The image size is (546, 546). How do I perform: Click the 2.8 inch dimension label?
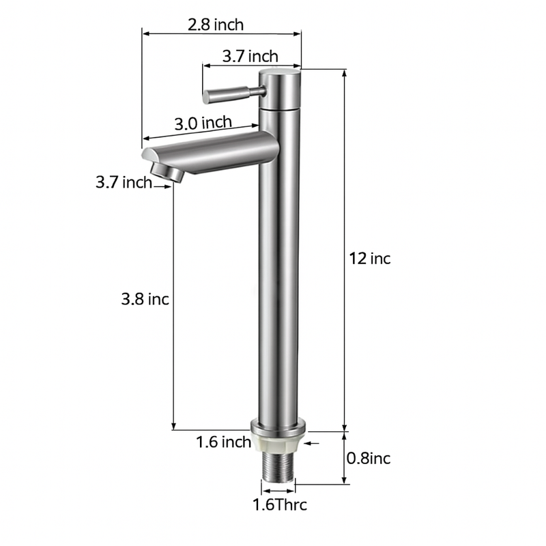pos(216,25)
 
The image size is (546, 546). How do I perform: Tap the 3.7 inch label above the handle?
pos(250,56)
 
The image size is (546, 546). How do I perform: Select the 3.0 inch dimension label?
pos(203,123)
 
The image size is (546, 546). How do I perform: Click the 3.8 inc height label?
pos(145,299)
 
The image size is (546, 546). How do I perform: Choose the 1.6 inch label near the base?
pos(224,442)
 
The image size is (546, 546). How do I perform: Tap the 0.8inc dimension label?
pos(369,458)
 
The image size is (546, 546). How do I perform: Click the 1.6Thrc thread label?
pos(280,505)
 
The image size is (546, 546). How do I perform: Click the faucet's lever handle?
pos(229,94)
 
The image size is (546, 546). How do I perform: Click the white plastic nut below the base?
pos(278,444)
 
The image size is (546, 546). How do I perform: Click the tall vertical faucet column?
pos(278,287)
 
